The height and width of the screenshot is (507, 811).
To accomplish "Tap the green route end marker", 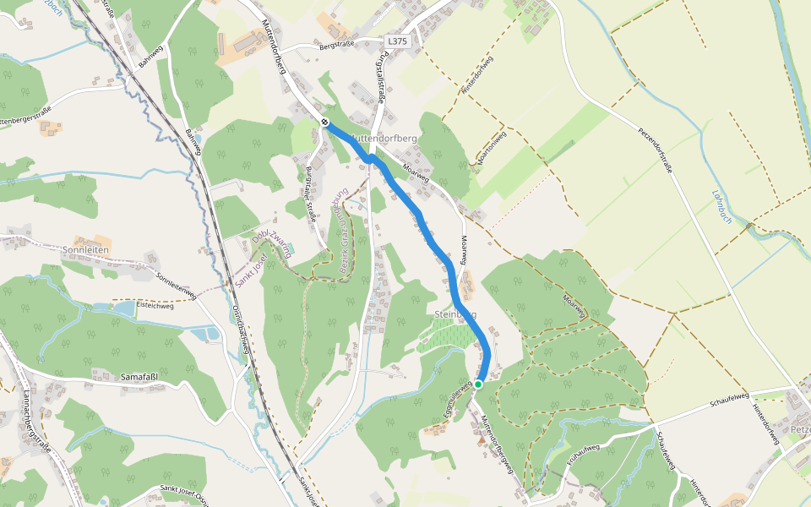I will pos(477,384).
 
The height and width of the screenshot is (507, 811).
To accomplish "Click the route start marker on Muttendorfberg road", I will pos(324,123).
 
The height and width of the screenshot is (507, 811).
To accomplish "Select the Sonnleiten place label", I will pos(87,250).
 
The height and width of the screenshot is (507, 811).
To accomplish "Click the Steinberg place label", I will pos(454,314).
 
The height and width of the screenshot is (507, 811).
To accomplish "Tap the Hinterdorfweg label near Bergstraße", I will pos(476,77).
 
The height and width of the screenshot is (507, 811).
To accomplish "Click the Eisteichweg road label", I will pos(155,306).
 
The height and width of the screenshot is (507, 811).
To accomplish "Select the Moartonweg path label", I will pos(492,149).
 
